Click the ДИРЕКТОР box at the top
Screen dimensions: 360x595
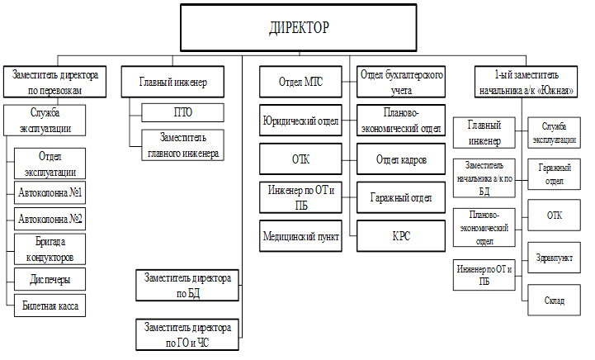click(x=299, y=28)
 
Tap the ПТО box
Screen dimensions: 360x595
click(x=182, y=112)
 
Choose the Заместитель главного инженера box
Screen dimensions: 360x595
click(x=182, y=144)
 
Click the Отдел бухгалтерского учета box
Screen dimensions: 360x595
click(x=401, y=82)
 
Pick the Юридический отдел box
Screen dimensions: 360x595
click(x=302, y=120)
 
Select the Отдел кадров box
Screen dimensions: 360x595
click(x=401, y=159)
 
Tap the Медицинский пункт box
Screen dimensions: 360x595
click(x=302, y=234)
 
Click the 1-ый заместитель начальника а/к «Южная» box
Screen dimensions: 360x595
click(x=527, y=82)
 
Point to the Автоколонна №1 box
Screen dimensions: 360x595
click(x=51, y=193)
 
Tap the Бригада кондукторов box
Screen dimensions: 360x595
click(x=51, y=249)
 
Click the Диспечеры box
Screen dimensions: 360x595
click(x=51, y=279)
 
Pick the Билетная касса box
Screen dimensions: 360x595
click(x=51, y=306)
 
